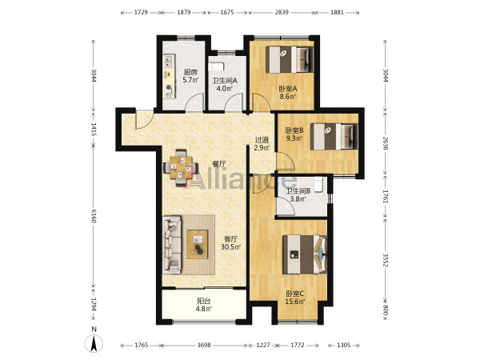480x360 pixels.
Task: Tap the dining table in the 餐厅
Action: pyautogui.click(x=181, y=167)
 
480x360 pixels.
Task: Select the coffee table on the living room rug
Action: pyautogui.click(x=198, y=244)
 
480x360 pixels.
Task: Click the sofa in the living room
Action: pyautogui.click(x=172, y=244)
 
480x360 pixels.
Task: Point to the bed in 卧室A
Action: pyautogui.click(x=290, y=59)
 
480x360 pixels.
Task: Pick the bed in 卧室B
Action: pyautogui.click(x=334, y=136)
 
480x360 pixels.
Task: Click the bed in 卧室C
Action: pyautogui.click(x=305, y=254)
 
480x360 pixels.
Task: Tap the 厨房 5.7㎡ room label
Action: pyautogui.click(x=190, y=76)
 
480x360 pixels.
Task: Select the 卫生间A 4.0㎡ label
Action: pyautogui.click(x=225, y=85)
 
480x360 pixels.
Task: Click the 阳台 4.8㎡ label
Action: pyautogui.click(x=204, y=305)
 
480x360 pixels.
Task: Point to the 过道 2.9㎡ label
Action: pyautogui.click(x=262, y=143)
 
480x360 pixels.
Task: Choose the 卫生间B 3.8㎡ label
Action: pyautogui.click(x=298, y=194)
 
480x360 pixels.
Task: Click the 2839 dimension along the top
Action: pyautogui.click(x=282, y=12)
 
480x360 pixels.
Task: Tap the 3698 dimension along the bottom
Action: pyautogui.click(x=204, y=345)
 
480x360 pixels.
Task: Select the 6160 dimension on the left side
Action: pyautogui.click(x=94, y=216)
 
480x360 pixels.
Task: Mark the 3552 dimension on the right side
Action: pyautogui.click(x=386, y=260)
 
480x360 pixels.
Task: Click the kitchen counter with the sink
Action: pyautogui.click(x=169, y=77)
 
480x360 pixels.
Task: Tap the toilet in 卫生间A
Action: pyautogui.click(x=217, y=66)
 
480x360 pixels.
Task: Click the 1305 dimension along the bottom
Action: pyautogui.click(x=343, y=345)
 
